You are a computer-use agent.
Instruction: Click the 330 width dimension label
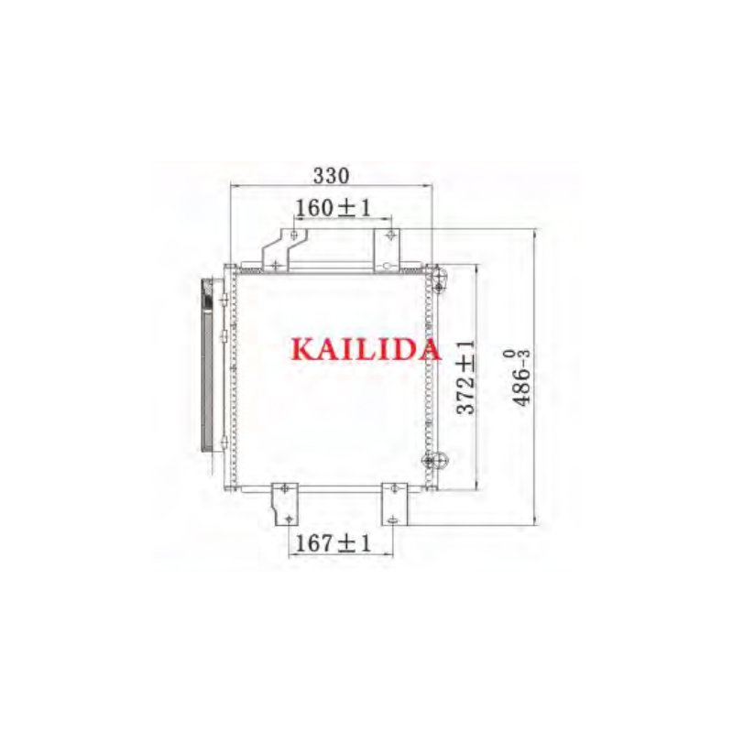pyautogui.click(x=331, y=176)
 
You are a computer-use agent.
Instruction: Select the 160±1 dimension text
pyautogui.click(x=334, y=208)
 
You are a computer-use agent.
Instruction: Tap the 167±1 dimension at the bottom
pyautogui.click(x=334, y=543)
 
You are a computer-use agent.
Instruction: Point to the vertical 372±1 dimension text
pyautogui.click(x=466, y=377)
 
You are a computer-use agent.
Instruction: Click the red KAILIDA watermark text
pyautogui.click(x=366, y=349)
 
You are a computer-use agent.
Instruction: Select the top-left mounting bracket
pyautogui.click(x=284, y=249)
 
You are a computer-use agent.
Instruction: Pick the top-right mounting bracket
pyautogui.click(x=387, y=249)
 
